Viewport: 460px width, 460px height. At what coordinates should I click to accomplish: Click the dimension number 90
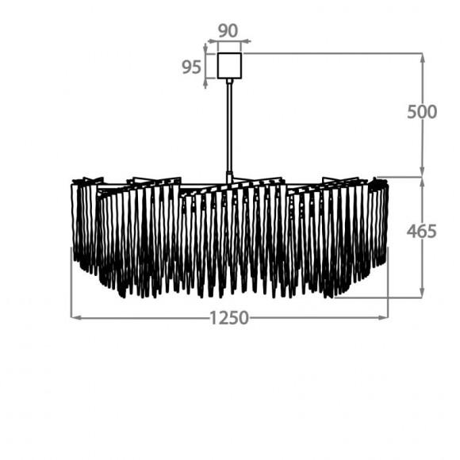(x=228, y=31)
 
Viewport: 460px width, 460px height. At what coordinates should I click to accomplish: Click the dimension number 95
(x=191, y=67)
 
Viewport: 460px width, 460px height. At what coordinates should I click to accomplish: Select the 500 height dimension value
(x=422, y=112)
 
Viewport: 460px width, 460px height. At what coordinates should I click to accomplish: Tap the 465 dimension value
(x=422, y=231)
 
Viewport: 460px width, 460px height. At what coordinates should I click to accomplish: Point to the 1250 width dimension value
(x=229, y=318)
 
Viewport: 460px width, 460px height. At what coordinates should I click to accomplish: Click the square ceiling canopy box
(x=229, y=66)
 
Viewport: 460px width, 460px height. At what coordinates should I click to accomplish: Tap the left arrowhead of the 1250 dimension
(x=75, y=317)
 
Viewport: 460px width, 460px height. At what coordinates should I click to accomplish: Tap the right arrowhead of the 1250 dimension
(x=383, y=317)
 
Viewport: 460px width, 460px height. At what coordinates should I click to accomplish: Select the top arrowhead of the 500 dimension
(x=423, y=59)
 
